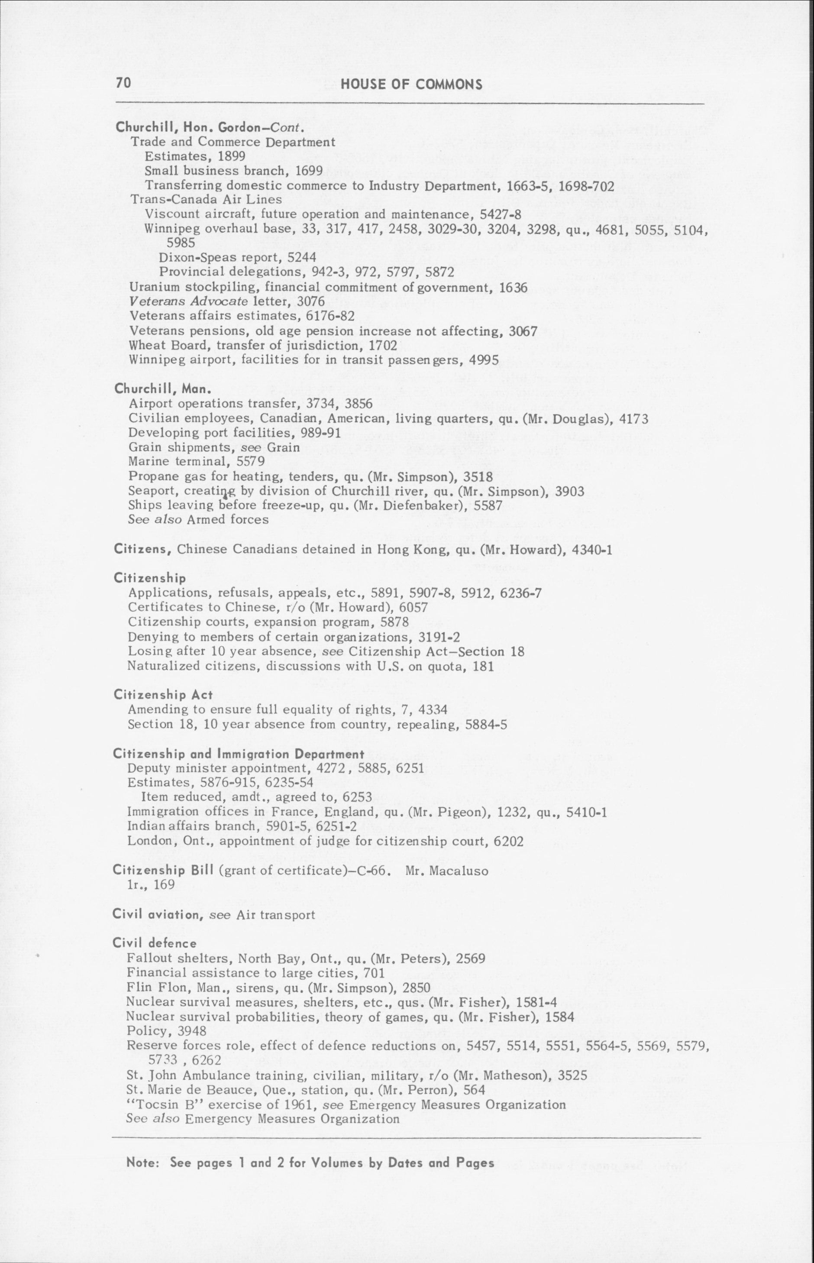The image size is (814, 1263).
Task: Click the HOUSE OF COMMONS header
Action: click(x=412, y=84)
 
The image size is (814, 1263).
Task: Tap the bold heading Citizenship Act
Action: click(x=163, y=695)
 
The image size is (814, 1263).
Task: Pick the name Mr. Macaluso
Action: click(x=447, y=870)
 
